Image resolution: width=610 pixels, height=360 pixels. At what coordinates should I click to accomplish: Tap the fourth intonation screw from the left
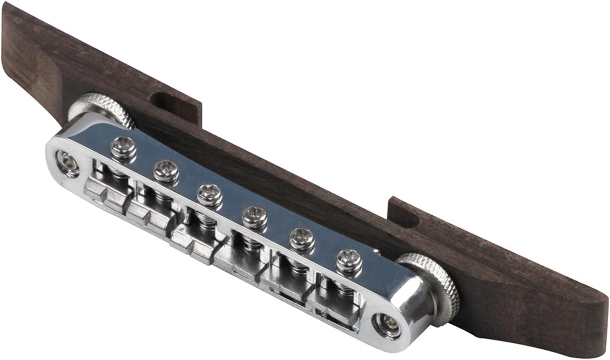[254, 216]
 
